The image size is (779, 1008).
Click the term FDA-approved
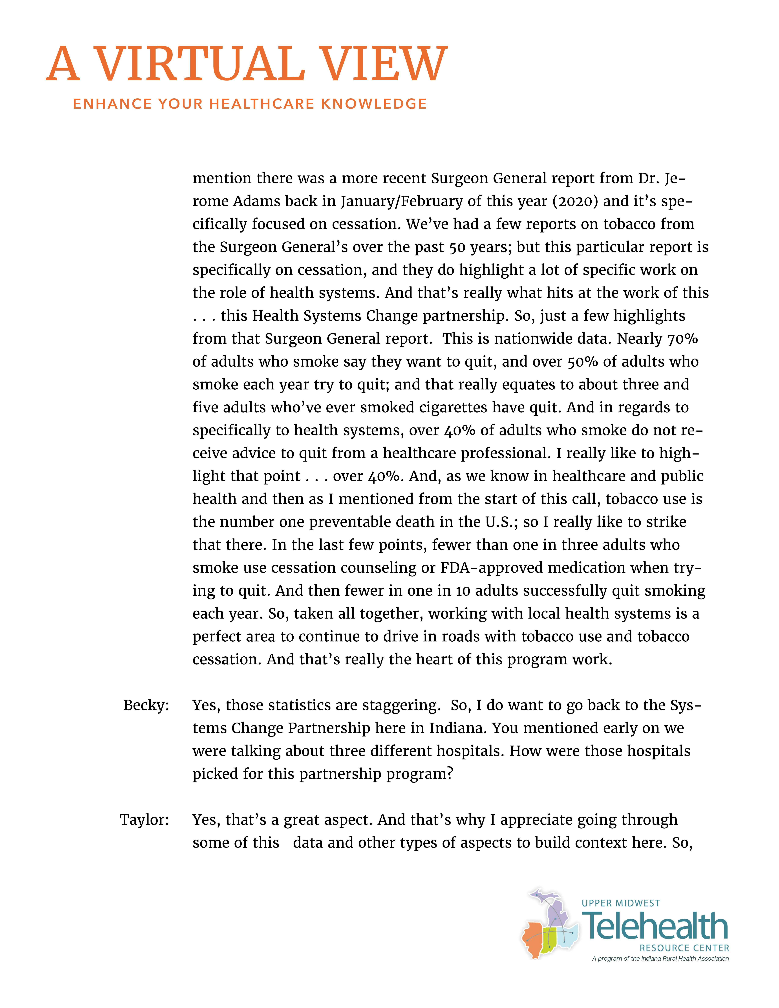click(x=492, y=568)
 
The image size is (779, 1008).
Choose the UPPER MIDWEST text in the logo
click(x=621, y=903)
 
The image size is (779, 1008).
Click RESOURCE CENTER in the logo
click(x=684, y=948)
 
